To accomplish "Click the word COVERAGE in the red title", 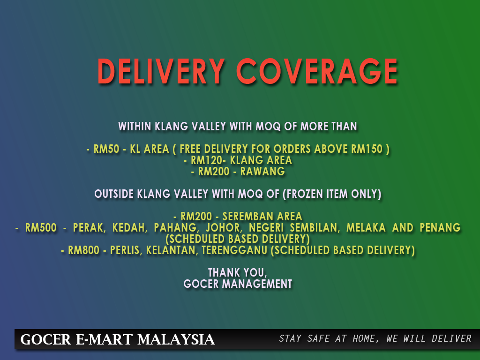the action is coord(317,71).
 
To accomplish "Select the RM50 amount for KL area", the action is coord(106,149).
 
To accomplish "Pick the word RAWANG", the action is coord(262,172).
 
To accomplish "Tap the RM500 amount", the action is coord(41,228).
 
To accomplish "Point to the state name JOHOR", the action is coord(224,228).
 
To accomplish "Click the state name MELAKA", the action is coord(366,228).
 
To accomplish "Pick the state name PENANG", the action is coord(440,228).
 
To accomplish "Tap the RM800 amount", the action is coord(83,250).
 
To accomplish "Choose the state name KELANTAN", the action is coord(171,250).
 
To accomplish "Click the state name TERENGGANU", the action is coord(234,250).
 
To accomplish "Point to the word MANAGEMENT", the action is coord(257,284).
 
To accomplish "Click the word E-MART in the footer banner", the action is coord(104,339).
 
